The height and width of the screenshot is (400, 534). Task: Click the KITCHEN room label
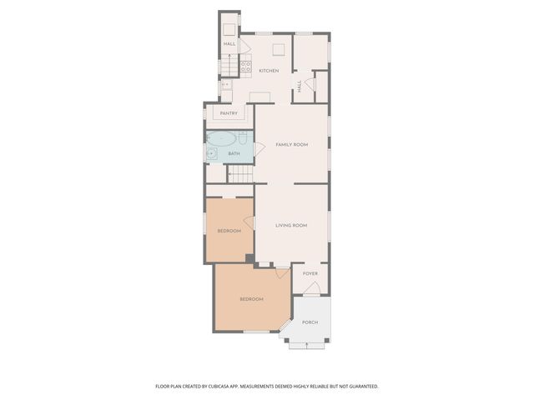click(269, 71)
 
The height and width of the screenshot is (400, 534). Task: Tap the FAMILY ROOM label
click(292, 145)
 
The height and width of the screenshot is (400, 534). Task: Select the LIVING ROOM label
click(292, 225)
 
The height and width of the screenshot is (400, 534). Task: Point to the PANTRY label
click(229, 113)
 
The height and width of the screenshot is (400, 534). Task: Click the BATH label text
click(234, 154)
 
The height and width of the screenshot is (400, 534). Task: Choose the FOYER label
click(310, 273)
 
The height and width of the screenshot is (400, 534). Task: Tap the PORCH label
click(310, 322)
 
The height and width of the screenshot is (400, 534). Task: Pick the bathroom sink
click(212, 153)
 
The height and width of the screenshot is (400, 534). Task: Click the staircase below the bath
click(240, 174)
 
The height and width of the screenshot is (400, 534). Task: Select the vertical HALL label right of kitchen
click(300, 84)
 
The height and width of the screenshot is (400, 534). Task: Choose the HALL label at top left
click(229, 44)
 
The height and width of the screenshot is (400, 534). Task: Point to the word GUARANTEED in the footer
click(360, 387)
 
